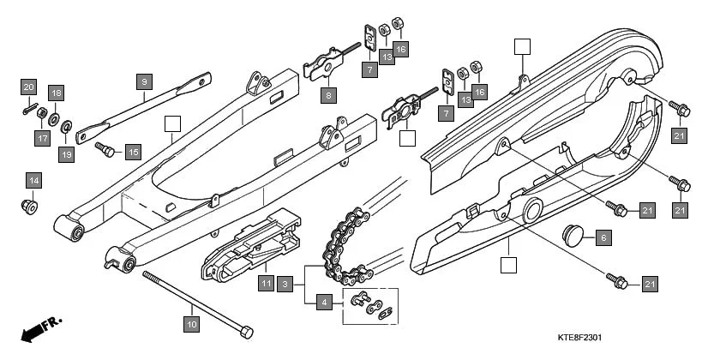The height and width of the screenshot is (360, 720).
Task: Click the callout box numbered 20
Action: pos(28,87)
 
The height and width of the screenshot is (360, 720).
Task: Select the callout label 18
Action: pos(56,93)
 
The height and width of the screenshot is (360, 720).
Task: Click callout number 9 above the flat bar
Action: pos(144,81)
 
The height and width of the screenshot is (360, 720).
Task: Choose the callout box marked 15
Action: pos(132,152)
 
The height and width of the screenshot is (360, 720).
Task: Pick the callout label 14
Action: pos(33,180)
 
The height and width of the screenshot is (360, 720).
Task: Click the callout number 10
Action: pos(191,324)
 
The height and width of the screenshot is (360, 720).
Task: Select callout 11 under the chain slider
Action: pos(266,282)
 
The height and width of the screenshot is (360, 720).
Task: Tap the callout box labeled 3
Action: pos(285,282)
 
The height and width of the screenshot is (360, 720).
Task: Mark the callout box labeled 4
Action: pos(324,302)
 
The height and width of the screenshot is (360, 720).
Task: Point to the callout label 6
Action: pos(603,237)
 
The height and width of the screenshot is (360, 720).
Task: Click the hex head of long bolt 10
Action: pos(246,332)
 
